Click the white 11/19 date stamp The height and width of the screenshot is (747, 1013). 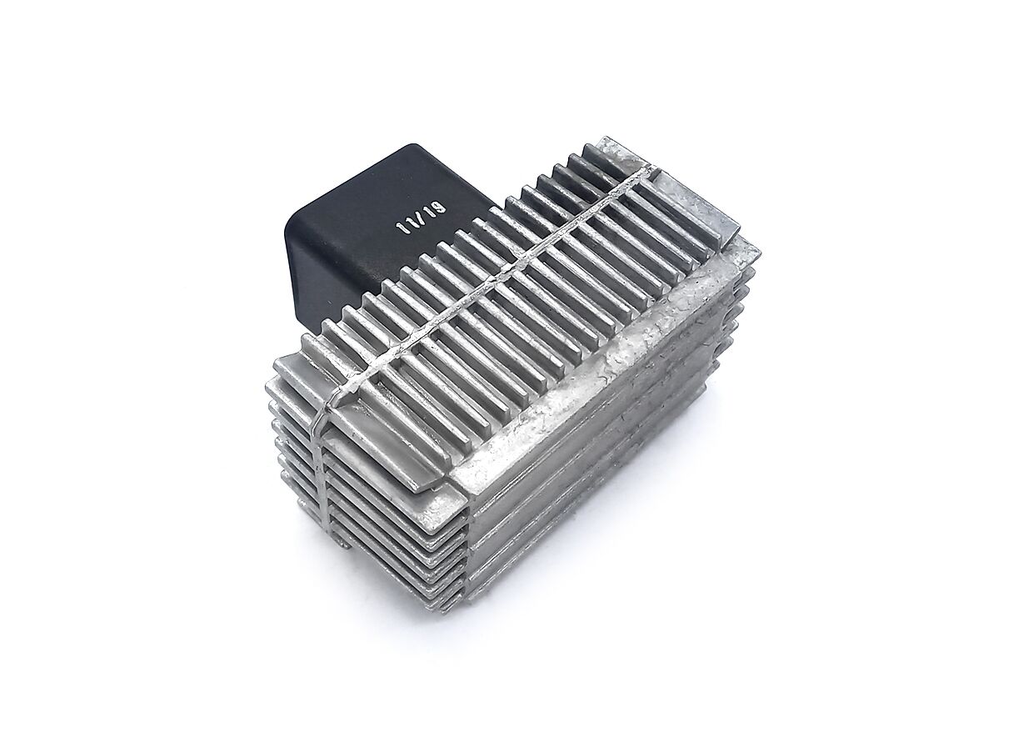421,217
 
